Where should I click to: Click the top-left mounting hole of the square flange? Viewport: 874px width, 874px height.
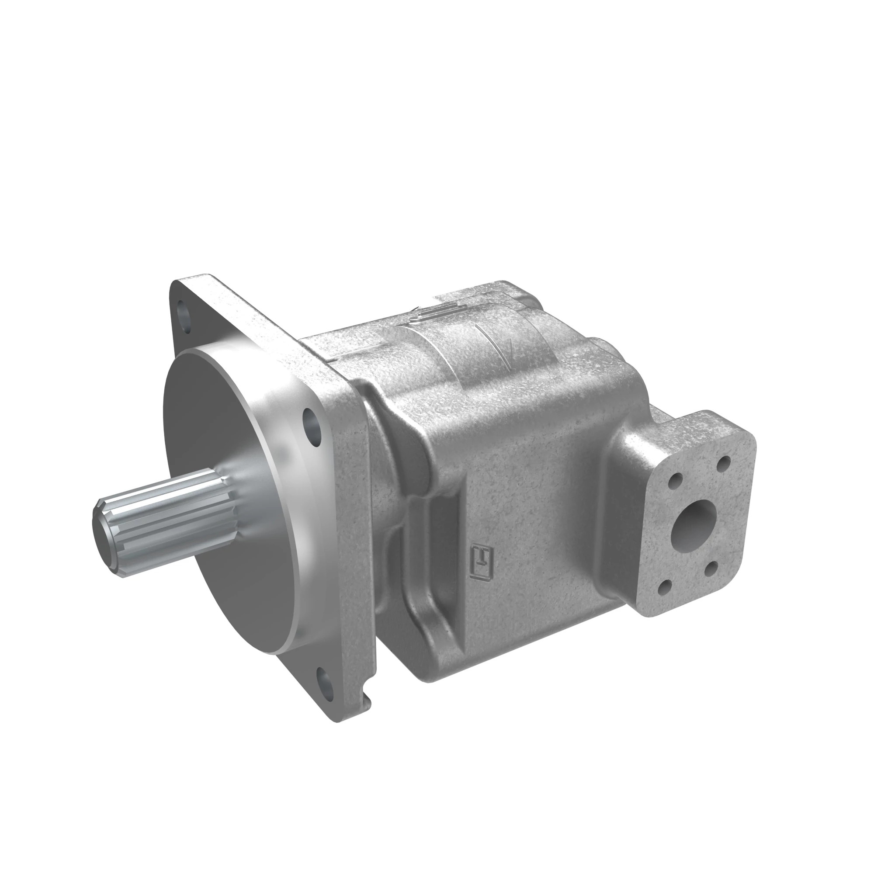[183, 312]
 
